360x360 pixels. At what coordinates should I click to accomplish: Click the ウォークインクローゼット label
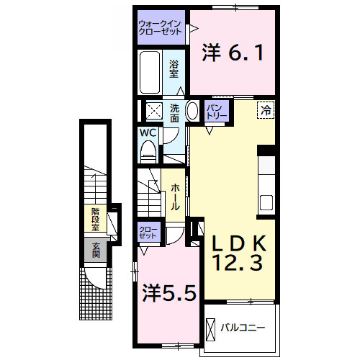(x=160, y=28)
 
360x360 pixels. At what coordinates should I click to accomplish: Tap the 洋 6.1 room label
(x=233, y=53)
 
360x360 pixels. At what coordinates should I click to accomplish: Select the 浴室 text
(x=174, y=69)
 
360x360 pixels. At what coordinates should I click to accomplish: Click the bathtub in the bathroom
(x=150, y=72)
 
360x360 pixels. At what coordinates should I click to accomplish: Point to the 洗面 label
(x=174, y=113)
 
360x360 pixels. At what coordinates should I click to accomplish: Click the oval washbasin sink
(x=192, y=111)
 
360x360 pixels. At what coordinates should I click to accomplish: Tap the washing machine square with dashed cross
(x=154, y=110)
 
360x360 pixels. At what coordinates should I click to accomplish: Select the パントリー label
(x=217, y=112)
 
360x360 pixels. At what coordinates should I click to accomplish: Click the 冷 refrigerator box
(x=266, y=110)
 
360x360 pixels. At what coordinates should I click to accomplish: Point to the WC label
(x=148, y=132)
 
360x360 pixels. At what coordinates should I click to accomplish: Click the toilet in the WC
(x=148, y=152)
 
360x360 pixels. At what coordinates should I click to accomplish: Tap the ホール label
(x=175, y=197)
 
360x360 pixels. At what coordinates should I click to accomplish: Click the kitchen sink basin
(x=266, y=202)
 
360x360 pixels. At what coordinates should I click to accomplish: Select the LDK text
(x=239, y=243)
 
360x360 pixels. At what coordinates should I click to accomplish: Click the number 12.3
(x=238, y=263)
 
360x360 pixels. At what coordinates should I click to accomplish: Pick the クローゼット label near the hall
(x=148, y=233)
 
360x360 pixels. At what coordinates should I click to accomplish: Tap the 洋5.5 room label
(x=169, y=292)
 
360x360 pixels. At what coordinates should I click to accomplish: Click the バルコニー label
(x=243, y=328)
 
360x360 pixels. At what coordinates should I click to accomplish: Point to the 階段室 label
(x=95, y=220)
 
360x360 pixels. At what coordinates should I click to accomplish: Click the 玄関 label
(x=96, y=250)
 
